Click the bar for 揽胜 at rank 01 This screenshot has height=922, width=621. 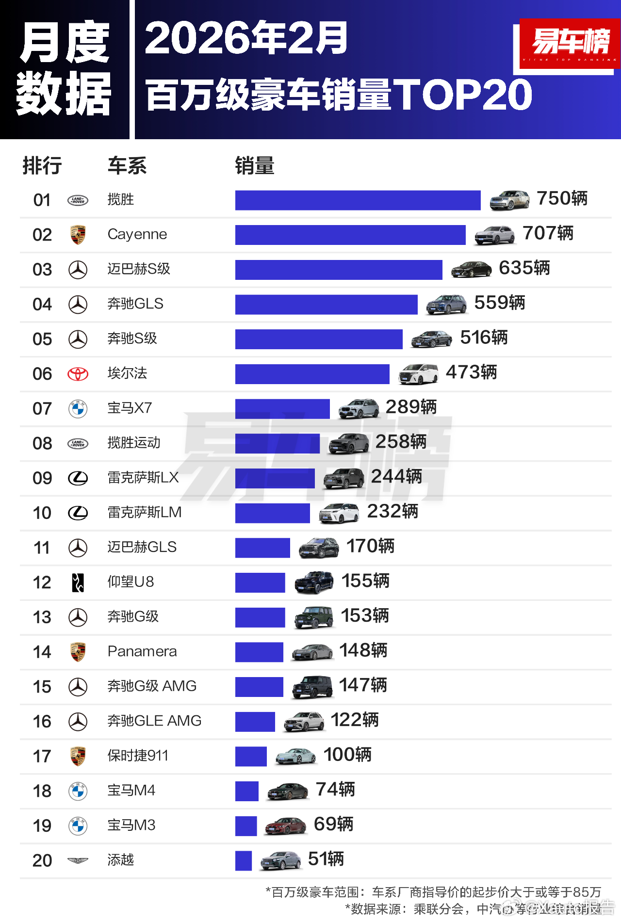tap(358, 200)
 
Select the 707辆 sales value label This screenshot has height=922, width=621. tap(548, 233)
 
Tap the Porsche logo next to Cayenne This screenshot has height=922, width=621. tap(78, 235)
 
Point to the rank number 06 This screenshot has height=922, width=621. tap(42, 374)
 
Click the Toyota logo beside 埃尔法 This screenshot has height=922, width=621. tap(78, 374)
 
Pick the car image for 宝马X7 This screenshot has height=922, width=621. tap(359, 409)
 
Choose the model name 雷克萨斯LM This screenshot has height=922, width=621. tap(145, 512)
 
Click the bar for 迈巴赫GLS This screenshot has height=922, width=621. tap(262, 548)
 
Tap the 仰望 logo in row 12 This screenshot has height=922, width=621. tap(78, 582)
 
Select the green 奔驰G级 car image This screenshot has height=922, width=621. tap(314, 617)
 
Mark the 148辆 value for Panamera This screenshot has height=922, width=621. tap(363, 650)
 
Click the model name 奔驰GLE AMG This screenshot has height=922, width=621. tap(154, 721)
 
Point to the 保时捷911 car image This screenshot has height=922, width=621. tap(295, 756)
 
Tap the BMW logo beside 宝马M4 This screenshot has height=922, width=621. tap(78, 791)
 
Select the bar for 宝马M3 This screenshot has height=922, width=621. tap(246, 826)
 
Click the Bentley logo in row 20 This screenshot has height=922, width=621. tap(78, 860)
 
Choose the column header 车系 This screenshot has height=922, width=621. tap(127, 166)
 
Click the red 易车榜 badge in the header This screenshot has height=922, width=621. tap(570, 45)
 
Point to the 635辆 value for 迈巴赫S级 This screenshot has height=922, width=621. tap(524, 268)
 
